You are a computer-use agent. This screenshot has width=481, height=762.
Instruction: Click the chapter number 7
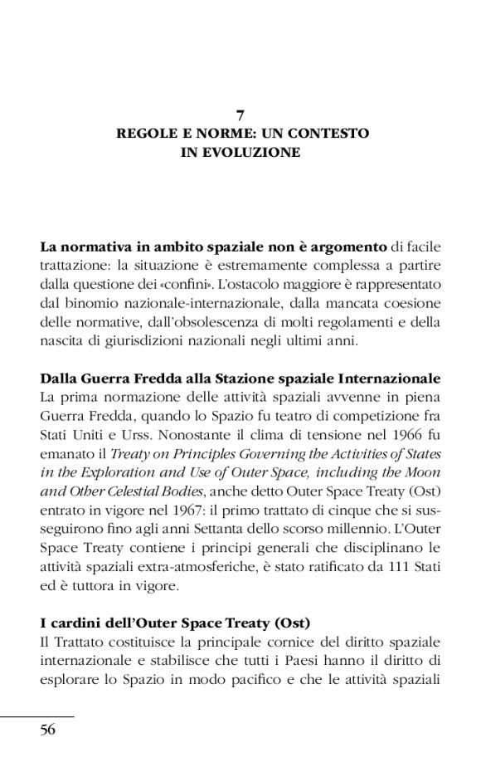tap(240, 116)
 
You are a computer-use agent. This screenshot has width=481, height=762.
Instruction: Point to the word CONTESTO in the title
tap(333, 134)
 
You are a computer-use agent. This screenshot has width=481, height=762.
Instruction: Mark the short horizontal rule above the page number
tap(37, 716)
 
